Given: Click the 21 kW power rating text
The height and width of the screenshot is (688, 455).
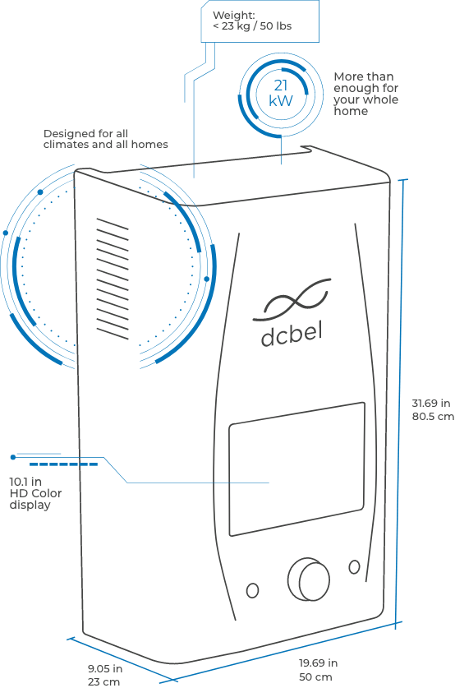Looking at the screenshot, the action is pyautogui.click(x=281, y=93).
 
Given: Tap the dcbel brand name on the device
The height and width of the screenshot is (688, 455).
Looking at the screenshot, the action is pyautogui.click(x=292, y=335).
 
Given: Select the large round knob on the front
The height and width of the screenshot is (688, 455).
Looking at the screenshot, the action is pyautogui.click(x=309, y=579).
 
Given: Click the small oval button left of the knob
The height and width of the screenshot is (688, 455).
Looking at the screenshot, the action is pyautogui.click(x=252, y=590).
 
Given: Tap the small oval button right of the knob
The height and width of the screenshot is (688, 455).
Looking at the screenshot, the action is pyautogui.click(x=354, y=567).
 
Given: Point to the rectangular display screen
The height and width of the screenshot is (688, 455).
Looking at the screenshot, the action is pyautogui.click(x=296, y=469).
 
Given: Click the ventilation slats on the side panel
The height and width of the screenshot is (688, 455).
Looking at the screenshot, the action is pyautogui.click(x=113, y=279).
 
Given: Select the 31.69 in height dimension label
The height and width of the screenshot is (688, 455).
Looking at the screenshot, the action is pyautogui.click(x=431, y=403).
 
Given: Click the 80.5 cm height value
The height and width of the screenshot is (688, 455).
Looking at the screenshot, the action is pyautogui.click(x=433, y=416).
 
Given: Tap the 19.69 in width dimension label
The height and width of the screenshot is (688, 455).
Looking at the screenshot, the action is pyautogui.click(x=318, y=663).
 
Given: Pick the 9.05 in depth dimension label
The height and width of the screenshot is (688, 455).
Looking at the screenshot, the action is pyautogui.click(x=105, y=669).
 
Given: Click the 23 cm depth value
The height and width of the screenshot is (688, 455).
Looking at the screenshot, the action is pyautogui.click(x=103, y=682).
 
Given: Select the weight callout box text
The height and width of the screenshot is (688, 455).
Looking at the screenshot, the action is pyautogui.click(x=252, y=21).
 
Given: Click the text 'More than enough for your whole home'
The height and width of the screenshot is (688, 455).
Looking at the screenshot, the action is pyautogui.click(x=366, y=94).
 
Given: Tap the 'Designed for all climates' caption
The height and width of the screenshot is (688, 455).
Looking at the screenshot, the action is pyautogui.click(x=106, y=139).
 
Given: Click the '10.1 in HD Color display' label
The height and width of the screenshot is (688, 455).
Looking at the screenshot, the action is pyautogui.click(x=35, y=493).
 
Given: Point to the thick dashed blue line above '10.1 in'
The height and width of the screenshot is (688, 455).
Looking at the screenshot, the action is pyautogui.click(x=63, y=464).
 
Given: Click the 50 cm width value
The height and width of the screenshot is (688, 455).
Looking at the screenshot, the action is pyautogui.click(x=315, y=676).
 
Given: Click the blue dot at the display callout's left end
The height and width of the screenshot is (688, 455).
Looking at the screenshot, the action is pyautogui.click(x=13, y=457).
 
